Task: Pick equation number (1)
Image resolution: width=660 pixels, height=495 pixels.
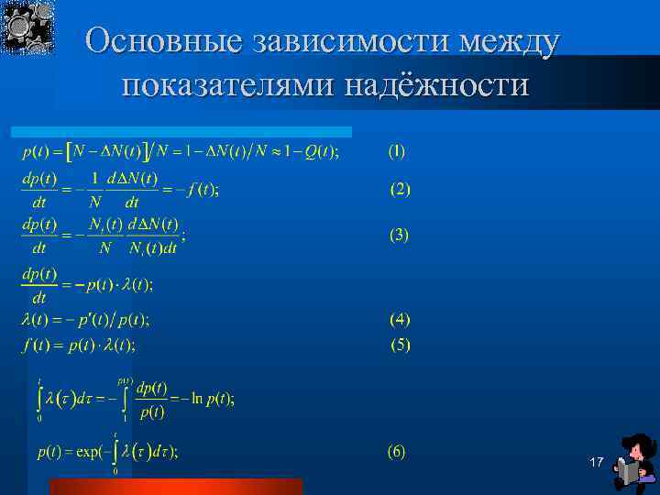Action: (396, 149)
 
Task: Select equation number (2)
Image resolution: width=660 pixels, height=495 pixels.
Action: (400, 190)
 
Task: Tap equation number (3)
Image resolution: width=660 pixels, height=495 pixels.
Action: (400, 235)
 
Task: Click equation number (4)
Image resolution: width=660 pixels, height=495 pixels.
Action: (400, 319)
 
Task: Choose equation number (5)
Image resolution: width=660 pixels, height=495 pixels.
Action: (400, 346)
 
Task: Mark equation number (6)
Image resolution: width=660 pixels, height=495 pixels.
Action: (396, 451)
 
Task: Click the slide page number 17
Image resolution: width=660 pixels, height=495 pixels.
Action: (596, 462)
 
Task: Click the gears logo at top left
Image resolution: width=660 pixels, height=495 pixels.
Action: (27, 27)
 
